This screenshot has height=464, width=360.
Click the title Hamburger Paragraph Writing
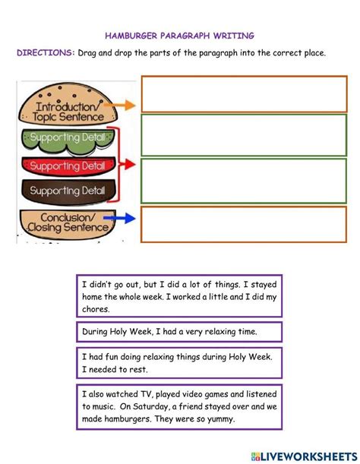coord(180,35)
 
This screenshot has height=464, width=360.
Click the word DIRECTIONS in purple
coord(45,53)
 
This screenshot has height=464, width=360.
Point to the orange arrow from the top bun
coord(127,106)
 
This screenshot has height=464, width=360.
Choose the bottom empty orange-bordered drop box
coord(244,224)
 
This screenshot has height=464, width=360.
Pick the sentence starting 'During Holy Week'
coord(178,332)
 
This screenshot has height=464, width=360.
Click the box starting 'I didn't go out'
coord(178,296)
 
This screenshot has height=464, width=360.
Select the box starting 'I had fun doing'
coord(178,361)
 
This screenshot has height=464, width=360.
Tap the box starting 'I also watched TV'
coord(178,406)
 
